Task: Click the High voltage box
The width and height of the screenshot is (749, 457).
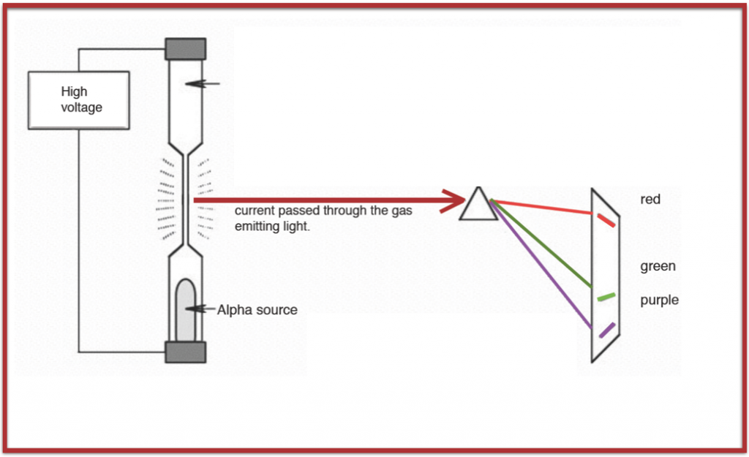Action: pos(79,100)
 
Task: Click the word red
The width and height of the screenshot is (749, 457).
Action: pos(650,199)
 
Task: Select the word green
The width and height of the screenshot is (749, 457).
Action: pos(658,266)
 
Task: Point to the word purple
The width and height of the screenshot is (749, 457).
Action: pos(659,300)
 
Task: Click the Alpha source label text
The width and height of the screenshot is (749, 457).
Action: pos(257,310)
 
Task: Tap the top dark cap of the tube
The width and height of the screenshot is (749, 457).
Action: pos(185,49)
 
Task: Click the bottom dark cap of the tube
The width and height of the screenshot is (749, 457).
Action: pos(185,352)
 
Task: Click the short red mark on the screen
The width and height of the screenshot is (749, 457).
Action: pos(606,220)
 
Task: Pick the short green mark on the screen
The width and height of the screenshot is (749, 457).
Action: pos(606,296)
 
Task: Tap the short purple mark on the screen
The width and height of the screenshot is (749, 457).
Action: pos(606,331)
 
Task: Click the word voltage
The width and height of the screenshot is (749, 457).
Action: pos(81,107)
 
